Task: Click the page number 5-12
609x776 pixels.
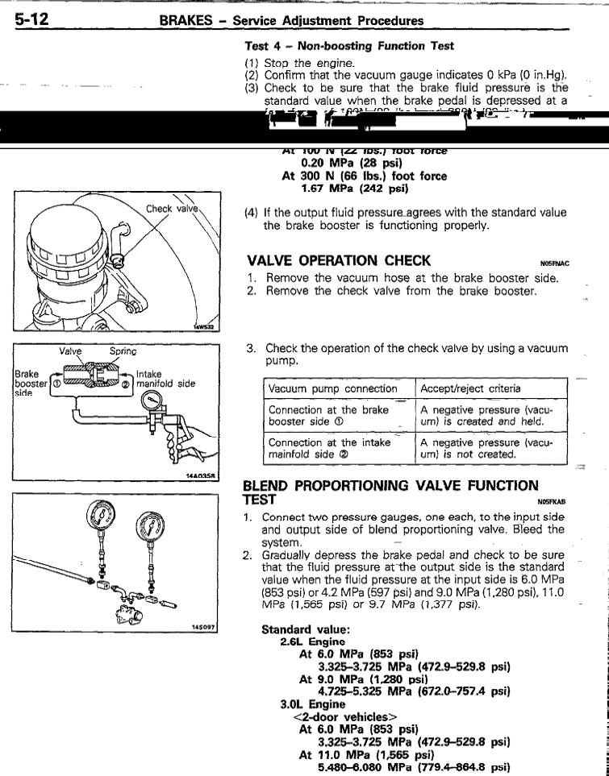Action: pyautogui.click(x=30, y=17)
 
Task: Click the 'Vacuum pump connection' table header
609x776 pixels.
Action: pyautogui.click(x=332, y=388)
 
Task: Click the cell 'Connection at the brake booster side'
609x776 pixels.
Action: pyautogui.click(x=330, y=415)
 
